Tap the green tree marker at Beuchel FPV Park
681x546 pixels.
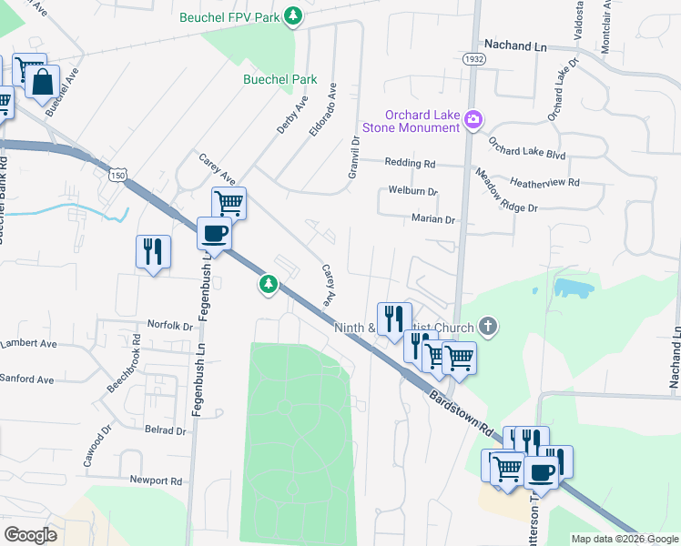(x=293, y=15)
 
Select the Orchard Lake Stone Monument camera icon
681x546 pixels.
(x=473, y=119)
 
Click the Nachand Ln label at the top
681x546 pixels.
(x=516, y=44)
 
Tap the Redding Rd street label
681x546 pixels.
(x=411, y=164)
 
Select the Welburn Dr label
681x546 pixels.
(x=413, y=192)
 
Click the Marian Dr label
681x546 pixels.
(x=432, y=219)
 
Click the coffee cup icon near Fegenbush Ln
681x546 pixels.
(x=214, y=233)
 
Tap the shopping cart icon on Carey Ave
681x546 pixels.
(x=229, y=202)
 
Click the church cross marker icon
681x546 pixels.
(x=488, y=327)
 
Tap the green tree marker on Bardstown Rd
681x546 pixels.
(x=269, y=285)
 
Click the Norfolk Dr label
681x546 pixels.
(x=170, y=325)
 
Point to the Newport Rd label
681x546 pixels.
(x=157, y=480)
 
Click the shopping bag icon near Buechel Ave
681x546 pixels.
(x=43, y=81)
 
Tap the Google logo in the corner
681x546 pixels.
(x=30, y=535)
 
